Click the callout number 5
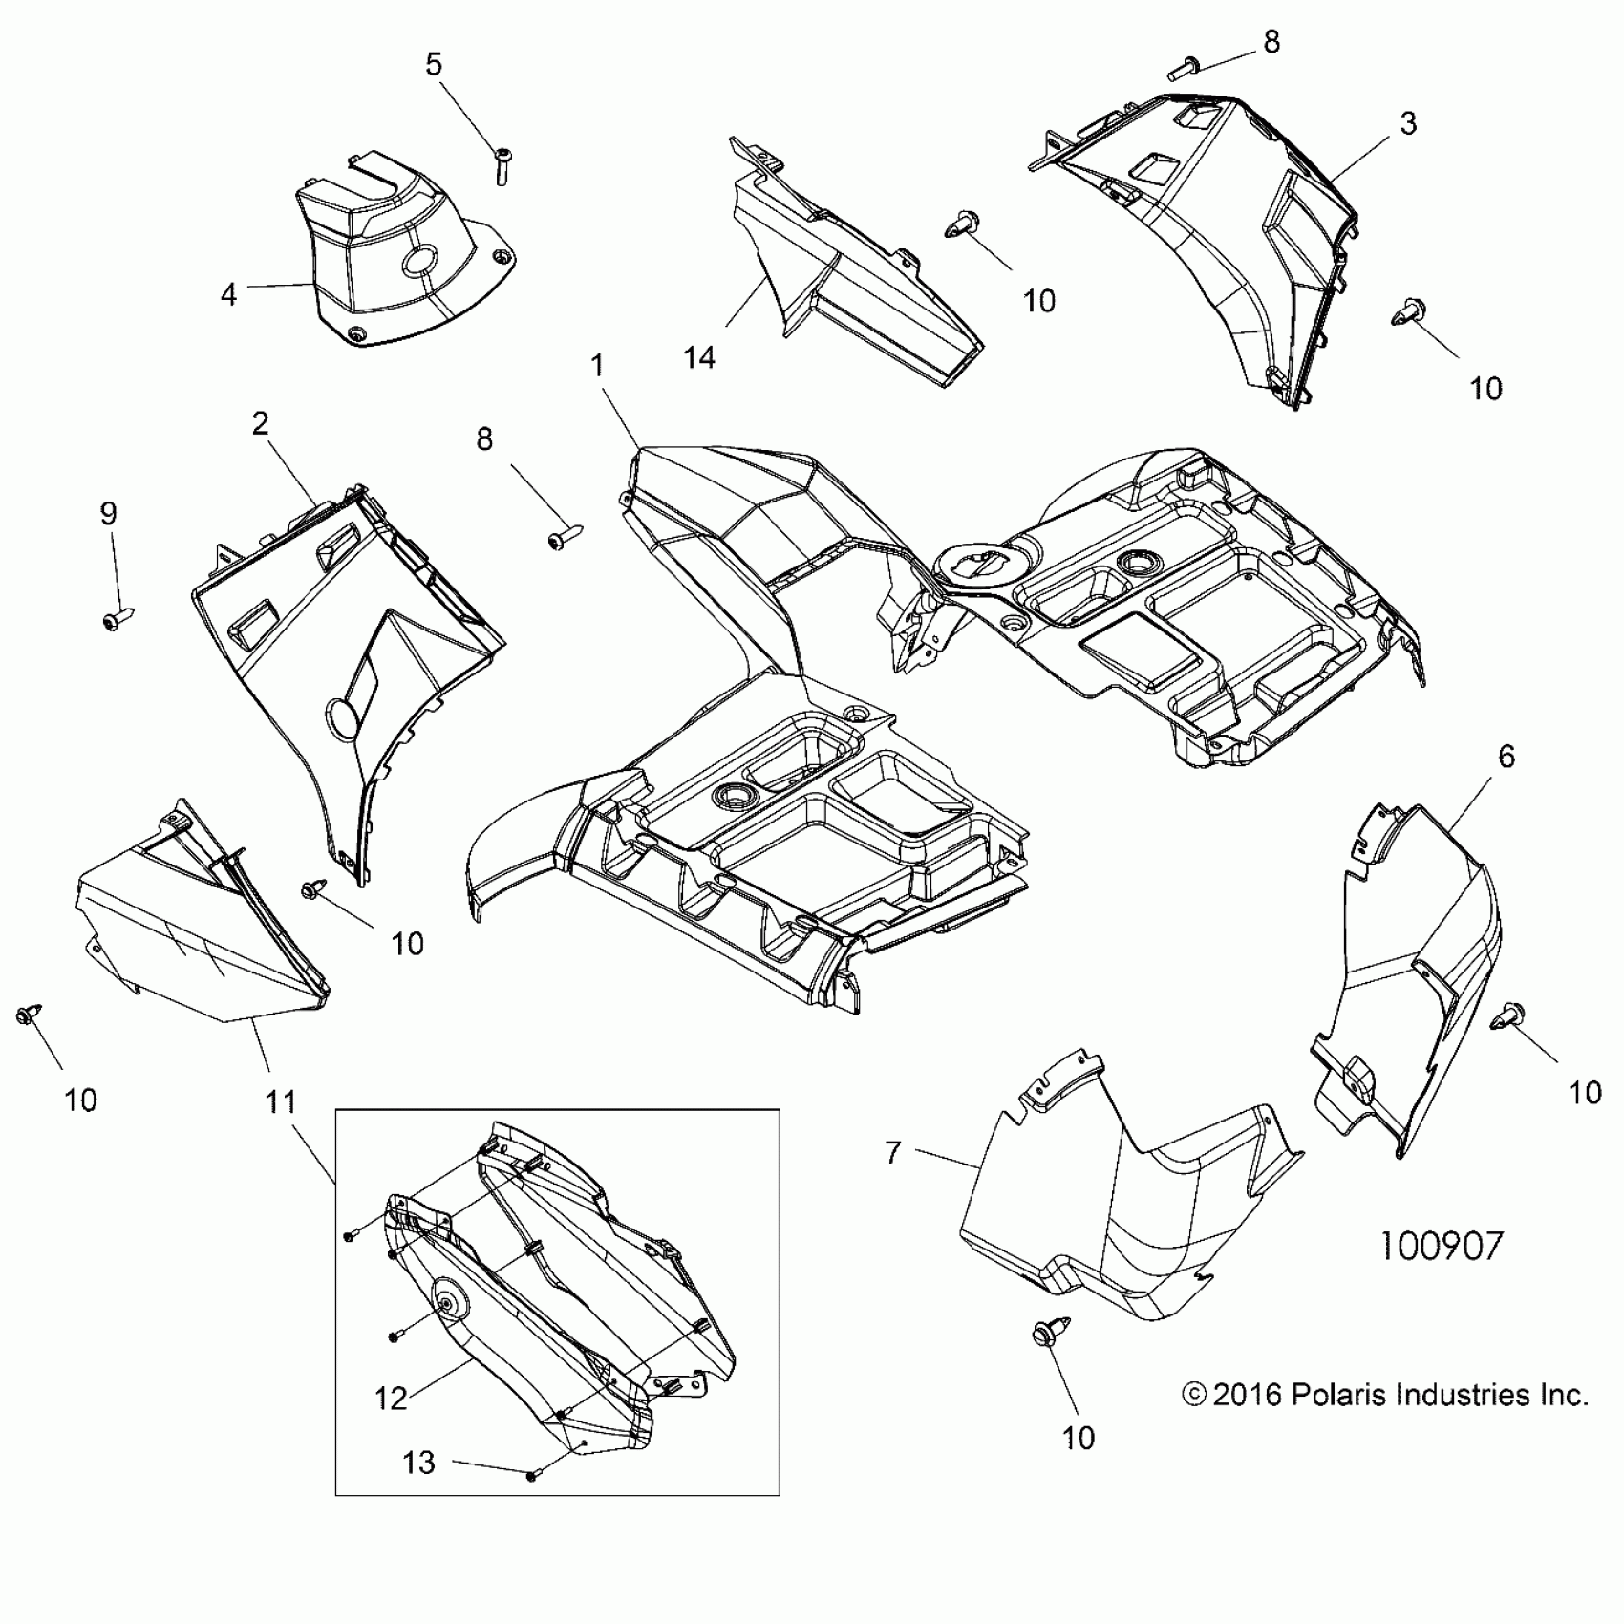point(434,65)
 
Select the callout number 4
point(228,294)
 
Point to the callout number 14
point(699,358)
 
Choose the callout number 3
point(1408,123)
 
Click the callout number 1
point(598,366)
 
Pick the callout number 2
point(260,424)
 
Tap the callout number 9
point(109,514)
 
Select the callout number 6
point(1506,757)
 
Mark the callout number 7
point(893,1153)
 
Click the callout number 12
point(392,1399)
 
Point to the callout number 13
point(418,1463)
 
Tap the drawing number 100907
point(1442,1246)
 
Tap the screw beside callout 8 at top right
point(1184,68)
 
